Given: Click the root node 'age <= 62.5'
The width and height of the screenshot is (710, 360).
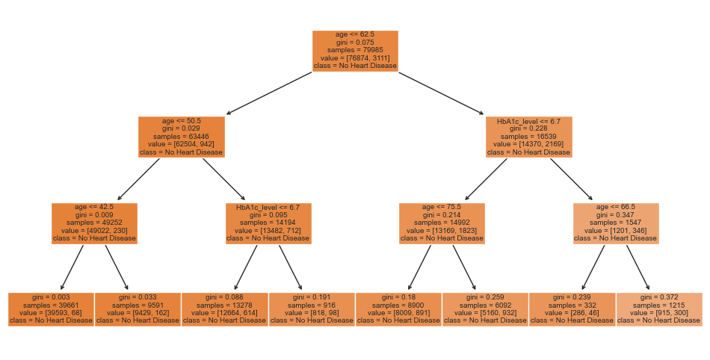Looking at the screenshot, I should tap(354, 51).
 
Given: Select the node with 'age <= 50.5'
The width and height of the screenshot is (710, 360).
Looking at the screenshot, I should tap(182, 137).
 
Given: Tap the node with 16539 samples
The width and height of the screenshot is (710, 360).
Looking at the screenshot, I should tap(528, 137).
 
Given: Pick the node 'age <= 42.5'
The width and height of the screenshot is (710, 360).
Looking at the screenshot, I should tap(94, 223).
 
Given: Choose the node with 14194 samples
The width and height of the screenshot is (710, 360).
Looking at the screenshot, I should tap(268, 223).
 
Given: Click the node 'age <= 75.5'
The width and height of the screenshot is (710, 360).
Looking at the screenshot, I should tap(442, 223).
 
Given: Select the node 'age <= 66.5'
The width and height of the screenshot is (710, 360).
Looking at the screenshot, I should tap(616, 223).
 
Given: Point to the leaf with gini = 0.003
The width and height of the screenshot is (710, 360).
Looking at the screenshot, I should tap(51, 309).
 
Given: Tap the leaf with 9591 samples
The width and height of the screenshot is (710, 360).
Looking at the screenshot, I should tap(138, 309).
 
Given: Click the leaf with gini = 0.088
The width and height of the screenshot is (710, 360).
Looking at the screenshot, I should tap(224, 309).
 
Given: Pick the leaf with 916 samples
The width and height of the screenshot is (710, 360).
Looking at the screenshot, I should tap(312, 309).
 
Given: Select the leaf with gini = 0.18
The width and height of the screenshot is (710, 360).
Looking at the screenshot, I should tap(398, 309).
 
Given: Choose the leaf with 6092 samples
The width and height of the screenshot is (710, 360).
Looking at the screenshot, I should tap(485, 309).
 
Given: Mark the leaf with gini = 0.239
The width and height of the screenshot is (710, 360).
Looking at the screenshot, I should tap(572, 309).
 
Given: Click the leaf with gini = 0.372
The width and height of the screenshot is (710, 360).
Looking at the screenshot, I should tap(659, 309).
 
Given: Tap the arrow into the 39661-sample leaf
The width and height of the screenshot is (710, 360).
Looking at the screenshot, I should tap(72, 267).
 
